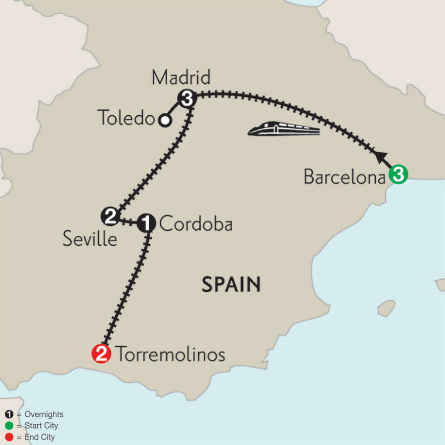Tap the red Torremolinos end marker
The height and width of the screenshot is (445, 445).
point(101,353)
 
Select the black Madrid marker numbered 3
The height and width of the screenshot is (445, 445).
point(186,99)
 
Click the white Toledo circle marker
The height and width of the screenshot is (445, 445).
point(165,120)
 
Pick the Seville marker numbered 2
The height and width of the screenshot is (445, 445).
point(110,216)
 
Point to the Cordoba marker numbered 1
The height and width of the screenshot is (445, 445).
point(146,223)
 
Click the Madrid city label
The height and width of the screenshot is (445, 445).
point(181,78)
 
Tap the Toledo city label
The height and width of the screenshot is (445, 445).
point(126,118)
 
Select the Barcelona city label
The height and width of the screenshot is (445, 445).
point(345,177)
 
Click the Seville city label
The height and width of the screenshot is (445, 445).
point(90,239)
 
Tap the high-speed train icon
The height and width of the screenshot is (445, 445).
point(284,130)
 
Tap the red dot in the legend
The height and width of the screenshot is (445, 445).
point(9,437)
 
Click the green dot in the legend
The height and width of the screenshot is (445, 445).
point(9,426)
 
